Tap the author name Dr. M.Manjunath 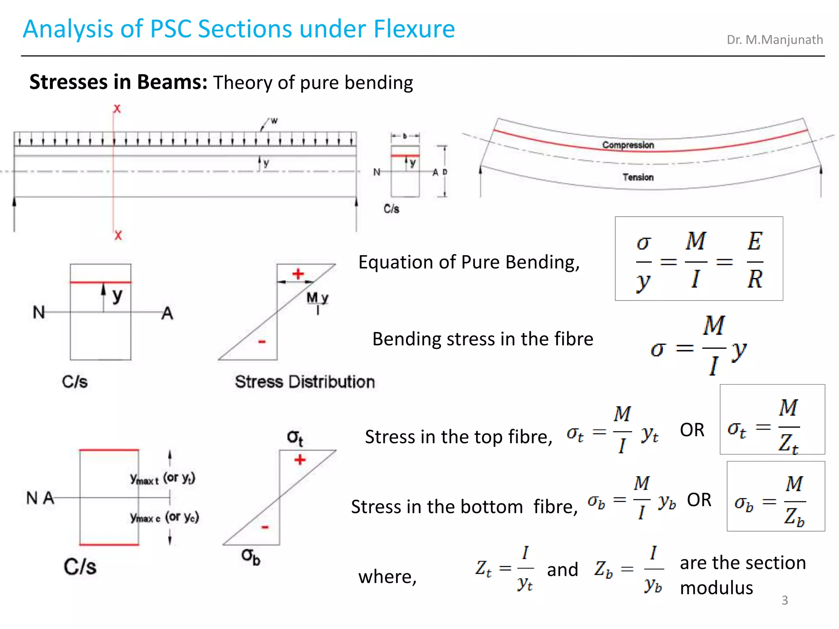[774, 40]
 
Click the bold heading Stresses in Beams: [118, 82]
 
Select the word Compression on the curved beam [628, 145]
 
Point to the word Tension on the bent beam [638, 177]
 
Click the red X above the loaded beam [117, 109]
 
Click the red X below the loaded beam [118, 235]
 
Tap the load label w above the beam [274, 121]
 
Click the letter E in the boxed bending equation [754, 241]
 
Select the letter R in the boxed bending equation [755, 280]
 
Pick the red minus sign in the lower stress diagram [265, 527]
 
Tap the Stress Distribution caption [305, 382]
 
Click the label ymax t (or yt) [163, 478]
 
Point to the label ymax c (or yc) [164, 518]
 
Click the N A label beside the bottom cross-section [40, 498]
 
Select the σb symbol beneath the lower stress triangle [250, 557]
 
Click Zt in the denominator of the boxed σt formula [788, 444]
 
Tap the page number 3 [785, 600]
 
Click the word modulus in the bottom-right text [716, 588]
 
